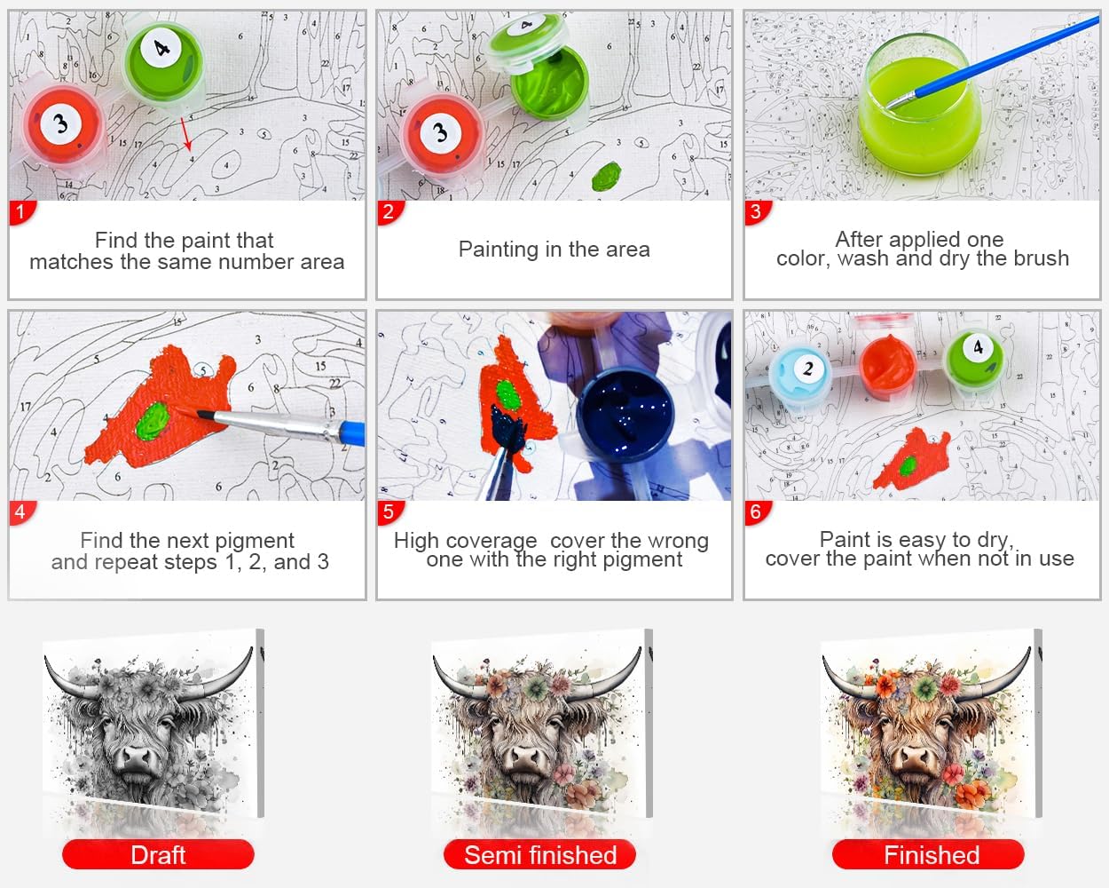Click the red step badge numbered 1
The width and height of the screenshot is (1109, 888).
[x=21, y=212]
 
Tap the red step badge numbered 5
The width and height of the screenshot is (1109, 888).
[x=389, y=512]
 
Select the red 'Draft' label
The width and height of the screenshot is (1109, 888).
[x=158, y=854]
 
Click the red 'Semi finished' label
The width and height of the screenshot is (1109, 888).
[x=540, y=854]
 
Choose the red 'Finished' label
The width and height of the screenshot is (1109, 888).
[x=929, y=854]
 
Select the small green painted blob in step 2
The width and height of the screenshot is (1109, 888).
[x=607, y=176]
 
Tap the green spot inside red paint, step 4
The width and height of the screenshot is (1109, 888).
[x=153, y=422]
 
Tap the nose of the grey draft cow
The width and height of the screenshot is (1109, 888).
[x=137, y=759]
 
